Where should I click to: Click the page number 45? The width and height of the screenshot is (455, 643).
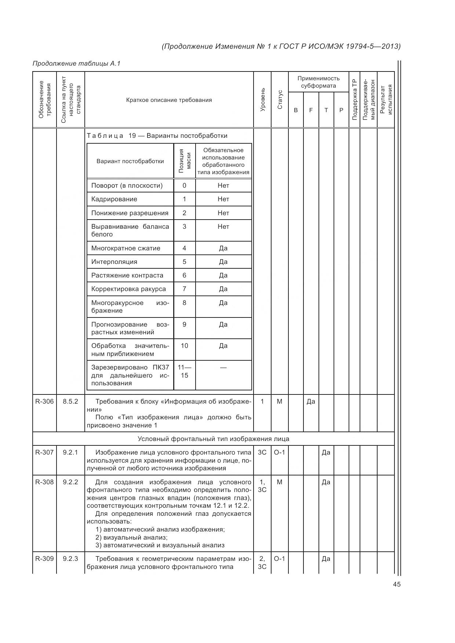pyautogui.click(x=396, y=584)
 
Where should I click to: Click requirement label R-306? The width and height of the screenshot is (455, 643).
pyautogui.click(x=44, y=401)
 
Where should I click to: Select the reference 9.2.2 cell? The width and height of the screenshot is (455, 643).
pyautogui.click(x=70, y=482)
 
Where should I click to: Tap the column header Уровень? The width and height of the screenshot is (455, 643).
pyautogui.click(x=262, y=100)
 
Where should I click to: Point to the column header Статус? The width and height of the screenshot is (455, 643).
pyautogui.click(x=280, y=100)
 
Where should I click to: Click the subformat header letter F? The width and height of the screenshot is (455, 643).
pyautogui.click(x=311, y=110)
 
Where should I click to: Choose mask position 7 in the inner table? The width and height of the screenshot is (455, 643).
pyautogui.click(x=184, y=289)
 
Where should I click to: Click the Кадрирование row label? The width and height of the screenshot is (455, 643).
pyautogui.click(x=114, y=199)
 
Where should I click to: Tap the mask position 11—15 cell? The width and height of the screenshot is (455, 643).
pyautogui.click(x=184, y=371)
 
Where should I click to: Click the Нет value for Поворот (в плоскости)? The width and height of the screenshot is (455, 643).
pyautogui.click(x=223, y=185)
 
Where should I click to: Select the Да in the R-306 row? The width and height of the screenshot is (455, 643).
pyautogui.click(x=311, y=401)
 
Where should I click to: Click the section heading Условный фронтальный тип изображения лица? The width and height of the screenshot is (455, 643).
pyautogui.click(x=213, y=439)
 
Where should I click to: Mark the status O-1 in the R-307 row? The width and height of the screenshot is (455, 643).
pyautogui.click(x=280, y=452)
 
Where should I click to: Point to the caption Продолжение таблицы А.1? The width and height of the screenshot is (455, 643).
pyautogui.click(x=76, y=63)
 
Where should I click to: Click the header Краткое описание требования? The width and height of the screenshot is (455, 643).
pyautogui.click(x=169, y=100)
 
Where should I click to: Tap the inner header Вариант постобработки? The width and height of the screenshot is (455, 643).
pyautogui.click(x=130, y=161)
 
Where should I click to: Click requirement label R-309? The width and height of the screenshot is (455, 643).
pyautogui.click(x=44, y=559)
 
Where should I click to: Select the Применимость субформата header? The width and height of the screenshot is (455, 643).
pyautogui.click(x=318, y=82)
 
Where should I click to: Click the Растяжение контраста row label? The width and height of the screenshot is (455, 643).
pyautogui.click(x=127, y=275)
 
